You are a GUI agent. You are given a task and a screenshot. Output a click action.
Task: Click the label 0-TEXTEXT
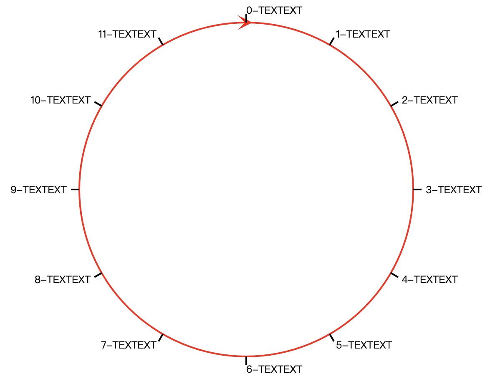click(x=274, y=10)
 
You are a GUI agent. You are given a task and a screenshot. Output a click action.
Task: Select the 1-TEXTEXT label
click(x=363, y=34)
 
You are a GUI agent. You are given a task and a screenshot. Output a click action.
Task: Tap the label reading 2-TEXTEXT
click(x=429, y=100)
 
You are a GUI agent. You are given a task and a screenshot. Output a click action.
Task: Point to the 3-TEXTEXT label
click(x=453, y=190)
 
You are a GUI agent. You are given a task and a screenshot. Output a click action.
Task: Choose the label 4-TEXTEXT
click(x=429, y=279)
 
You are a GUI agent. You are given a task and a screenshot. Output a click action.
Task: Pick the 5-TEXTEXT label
click(x=364, y=345)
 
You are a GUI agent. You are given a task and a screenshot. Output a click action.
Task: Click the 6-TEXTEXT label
click(x=274, y=369)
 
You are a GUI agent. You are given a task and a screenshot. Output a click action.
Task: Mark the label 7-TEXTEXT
click(x=129, y=345)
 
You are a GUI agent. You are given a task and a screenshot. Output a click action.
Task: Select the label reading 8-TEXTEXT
click(x=63, y=279)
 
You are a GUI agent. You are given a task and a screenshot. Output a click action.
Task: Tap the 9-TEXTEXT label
click(x=38, y=190)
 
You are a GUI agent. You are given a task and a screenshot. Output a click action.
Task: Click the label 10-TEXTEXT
click(x=61, y=100)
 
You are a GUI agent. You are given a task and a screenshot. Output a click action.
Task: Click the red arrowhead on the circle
click(x=245, y=23)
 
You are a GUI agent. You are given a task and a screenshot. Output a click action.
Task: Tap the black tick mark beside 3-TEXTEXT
click(x=417, y=190)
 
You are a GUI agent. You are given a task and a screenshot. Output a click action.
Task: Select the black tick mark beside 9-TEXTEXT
click(x=75, y=190)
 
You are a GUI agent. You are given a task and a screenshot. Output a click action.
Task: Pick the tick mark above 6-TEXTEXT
click(x=246, y=360)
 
